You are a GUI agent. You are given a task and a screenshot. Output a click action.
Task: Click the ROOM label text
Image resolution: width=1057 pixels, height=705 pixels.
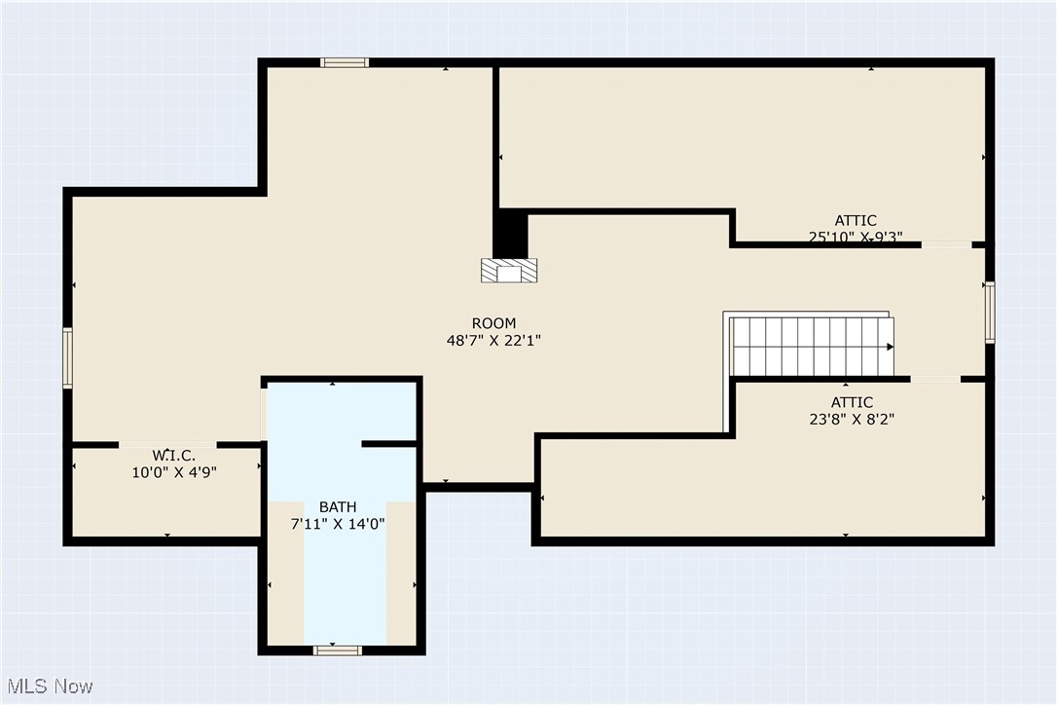tap(493, 323)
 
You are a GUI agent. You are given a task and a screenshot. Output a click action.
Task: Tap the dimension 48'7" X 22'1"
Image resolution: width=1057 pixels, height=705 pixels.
tap(493, 341)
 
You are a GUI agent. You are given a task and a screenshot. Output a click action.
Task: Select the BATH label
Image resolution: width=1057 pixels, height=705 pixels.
tap(338, 506)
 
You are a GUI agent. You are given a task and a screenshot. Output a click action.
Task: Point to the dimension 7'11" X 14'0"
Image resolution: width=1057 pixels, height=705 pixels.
tap(338, 524)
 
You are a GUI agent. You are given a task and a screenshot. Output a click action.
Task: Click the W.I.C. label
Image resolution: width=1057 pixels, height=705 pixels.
tap(173, 455)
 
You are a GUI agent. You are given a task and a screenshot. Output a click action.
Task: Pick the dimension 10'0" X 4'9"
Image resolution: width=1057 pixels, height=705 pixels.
tap(173, 472)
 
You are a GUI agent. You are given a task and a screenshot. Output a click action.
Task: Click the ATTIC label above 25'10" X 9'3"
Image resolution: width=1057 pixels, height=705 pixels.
tap(856, 220)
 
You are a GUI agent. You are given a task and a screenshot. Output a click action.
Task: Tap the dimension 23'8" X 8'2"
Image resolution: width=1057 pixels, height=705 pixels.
tap(851, 420)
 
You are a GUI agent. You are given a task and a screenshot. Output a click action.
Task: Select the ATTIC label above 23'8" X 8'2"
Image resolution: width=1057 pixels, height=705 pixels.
tap(851, 402)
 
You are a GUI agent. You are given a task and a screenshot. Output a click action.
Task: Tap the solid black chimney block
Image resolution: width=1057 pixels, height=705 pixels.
tap(510, 236)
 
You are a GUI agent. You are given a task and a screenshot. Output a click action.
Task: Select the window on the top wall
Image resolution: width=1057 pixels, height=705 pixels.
tap(345, 62)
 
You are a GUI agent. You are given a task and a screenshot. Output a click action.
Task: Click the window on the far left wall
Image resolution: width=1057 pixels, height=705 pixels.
tap(68, 358)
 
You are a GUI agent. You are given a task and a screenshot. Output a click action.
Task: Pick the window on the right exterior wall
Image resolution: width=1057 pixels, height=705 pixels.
tap(989, 313)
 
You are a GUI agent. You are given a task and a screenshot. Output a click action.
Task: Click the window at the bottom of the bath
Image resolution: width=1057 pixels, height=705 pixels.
tap(338, 649)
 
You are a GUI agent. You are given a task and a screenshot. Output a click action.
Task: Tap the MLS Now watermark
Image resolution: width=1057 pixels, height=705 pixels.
tap(48, 686)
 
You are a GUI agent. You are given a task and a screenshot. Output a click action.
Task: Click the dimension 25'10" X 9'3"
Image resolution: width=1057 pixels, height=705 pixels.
tap(856, 237)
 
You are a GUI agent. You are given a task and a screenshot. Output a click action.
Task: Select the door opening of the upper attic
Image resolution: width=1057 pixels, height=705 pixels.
tap(946, 244)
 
